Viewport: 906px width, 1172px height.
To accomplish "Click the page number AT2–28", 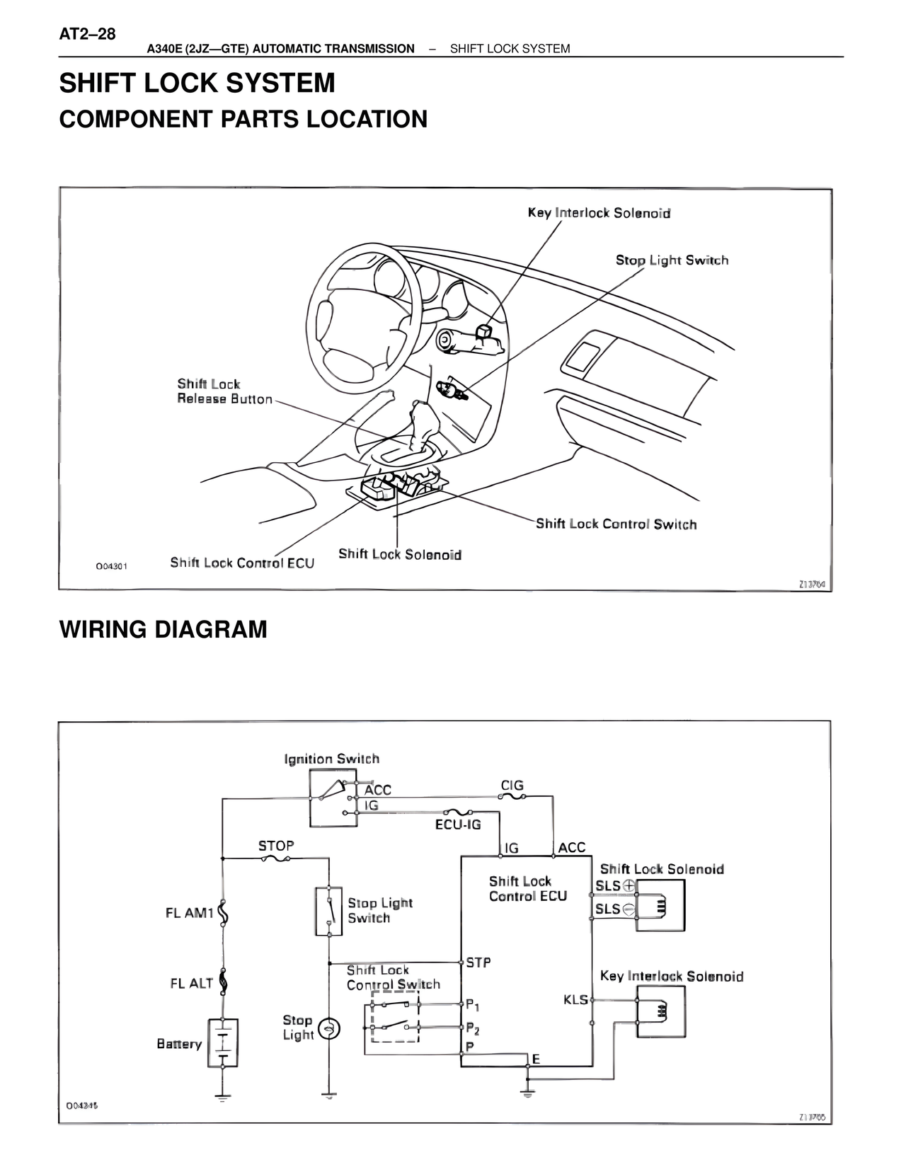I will point(87,34).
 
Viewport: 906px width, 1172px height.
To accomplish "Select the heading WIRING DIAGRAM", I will point(163,628).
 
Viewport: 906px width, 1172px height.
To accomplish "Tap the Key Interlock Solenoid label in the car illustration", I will point(599,213).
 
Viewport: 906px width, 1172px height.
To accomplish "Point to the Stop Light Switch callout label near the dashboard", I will point(671,260).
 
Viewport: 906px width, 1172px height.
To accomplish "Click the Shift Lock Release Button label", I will point(224,391).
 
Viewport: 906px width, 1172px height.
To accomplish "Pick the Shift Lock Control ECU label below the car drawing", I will point(242,563).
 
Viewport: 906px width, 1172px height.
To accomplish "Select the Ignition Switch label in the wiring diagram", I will point(331,759).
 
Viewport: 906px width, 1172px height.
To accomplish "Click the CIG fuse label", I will point(512,786).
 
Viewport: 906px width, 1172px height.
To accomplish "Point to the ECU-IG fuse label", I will point(457,825).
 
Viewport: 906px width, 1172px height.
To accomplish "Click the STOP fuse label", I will point(275,846).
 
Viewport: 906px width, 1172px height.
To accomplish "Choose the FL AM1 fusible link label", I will point(189,913).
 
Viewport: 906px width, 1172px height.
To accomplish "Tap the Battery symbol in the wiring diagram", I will point(222,1043).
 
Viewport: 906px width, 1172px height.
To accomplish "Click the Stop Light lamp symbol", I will point(328,1029).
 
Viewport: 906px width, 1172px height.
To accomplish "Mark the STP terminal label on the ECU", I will point(478,963).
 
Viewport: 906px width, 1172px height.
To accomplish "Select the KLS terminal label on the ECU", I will point(575,999).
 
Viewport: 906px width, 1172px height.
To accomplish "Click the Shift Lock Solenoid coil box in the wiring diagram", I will point(660,905).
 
